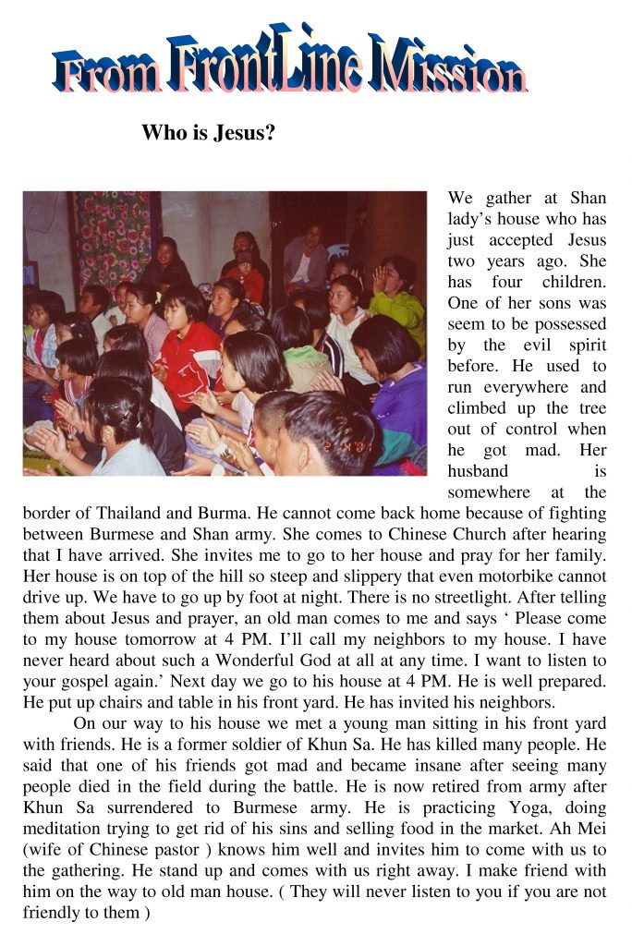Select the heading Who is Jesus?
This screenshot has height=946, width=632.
209,132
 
